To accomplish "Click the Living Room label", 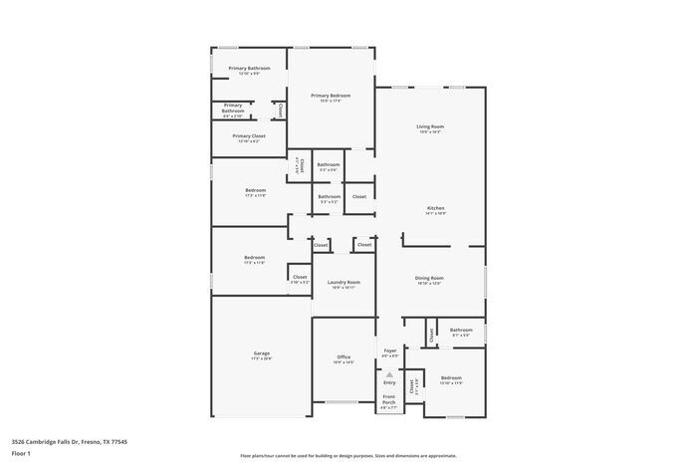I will [x=429, y=126].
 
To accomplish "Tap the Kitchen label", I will [x=435, y=208].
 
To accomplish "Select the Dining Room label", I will [x=429, y=278].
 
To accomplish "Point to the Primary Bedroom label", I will [x=331, y=96].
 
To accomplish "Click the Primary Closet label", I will [x=249, y=135].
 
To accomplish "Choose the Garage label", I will [x=262, y=353].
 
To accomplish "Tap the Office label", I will [x=344, y=356].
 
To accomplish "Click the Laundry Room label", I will [x=344, y=282].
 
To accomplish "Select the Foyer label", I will [x=390, y=349].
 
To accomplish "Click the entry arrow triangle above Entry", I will [x=389, y=373].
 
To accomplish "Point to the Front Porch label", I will [x=389, y=399].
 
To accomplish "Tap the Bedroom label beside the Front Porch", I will [x=451, y=377].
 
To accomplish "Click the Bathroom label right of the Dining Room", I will [x=461, y=330].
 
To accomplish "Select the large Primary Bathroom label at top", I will [x=249, y=68].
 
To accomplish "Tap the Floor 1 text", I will [x=21, y=453].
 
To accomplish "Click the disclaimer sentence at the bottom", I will [x=348, y=453].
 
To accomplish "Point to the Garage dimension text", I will [x=262, y=359].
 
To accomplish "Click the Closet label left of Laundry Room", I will [x=300, y=277].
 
